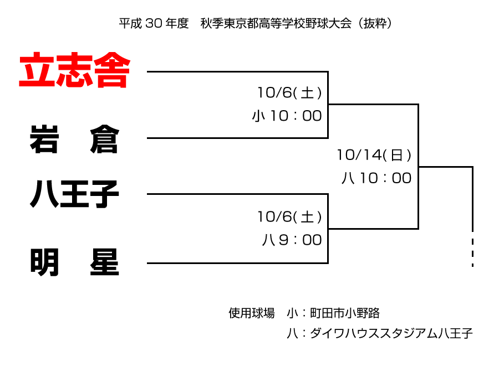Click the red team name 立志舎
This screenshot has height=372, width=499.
click(75, 70)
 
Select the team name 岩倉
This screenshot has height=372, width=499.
click(74, 139)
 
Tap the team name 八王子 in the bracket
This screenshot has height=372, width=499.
click(74, 194)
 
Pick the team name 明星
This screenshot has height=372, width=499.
click(74, 262)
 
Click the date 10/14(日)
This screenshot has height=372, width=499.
click(374, 155)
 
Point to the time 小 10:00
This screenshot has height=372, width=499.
click(287, 116)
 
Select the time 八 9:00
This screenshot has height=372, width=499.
click(292, 240)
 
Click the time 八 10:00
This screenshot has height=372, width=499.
click(376, 178)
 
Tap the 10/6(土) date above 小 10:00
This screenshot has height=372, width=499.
click(289, 93)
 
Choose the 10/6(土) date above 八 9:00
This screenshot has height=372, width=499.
click(289, 217)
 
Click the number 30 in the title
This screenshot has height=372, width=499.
click(154, 23)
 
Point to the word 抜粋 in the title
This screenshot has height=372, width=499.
click(375, 23)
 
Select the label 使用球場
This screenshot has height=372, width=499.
click(251, 313)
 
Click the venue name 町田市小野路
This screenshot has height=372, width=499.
click(345, 313)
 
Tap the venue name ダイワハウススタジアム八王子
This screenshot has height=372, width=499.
click(391, 333)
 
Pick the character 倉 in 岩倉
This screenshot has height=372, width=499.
click(104, 139)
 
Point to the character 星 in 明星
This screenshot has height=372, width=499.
click(104, 262)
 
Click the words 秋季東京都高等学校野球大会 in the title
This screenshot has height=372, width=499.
click(276, 23)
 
